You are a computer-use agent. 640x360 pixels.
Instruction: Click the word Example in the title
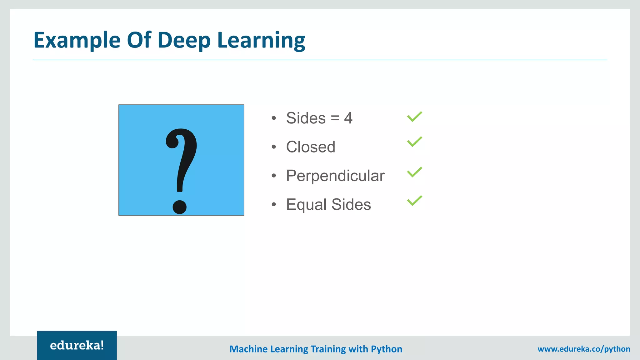[77, 40]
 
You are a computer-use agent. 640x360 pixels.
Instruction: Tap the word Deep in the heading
[184, 40]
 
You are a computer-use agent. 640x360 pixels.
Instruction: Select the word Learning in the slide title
[261, 40]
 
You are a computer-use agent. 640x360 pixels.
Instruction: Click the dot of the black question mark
[180, 207]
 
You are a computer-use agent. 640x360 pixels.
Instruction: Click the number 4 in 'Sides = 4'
[348, 118]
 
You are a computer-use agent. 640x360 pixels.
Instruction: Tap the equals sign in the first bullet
[335, 118]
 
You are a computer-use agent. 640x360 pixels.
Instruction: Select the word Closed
[311, 147]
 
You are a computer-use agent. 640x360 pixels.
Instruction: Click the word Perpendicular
[335, 176]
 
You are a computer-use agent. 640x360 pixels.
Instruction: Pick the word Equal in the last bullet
[306, 205]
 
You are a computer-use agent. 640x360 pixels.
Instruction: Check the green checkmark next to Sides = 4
[414, 117]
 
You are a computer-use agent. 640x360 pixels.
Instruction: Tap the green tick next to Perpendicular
[414, 172]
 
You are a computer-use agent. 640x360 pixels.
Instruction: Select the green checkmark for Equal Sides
[414, 201]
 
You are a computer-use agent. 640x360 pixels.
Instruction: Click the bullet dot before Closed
[274, 147]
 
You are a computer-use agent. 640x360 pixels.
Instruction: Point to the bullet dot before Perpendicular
[274, 176]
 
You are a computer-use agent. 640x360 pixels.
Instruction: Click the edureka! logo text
[77, 345]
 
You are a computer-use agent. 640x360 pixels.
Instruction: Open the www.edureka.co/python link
[584, 349]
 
